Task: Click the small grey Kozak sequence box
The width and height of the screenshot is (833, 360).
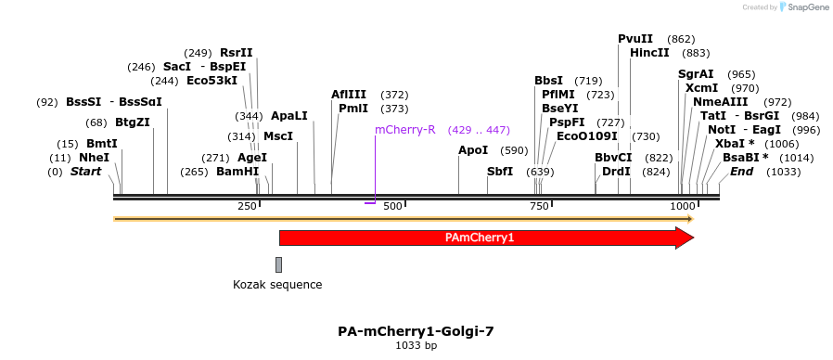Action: (278, 265)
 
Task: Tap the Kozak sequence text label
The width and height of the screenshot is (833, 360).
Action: (277, 285)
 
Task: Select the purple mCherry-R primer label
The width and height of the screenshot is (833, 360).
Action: (405, 130)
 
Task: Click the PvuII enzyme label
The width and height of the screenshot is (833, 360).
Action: (635, 39)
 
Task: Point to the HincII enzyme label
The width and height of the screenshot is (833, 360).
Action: (649, 53)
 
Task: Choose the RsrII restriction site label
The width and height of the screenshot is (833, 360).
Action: (237, 53)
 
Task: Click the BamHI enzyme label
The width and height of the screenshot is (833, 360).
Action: (237, 172)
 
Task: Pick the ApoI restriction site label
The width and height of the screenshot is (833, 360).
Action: (473, 150)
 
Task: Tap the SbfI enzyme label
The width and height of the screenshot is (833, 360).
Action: (500, 172)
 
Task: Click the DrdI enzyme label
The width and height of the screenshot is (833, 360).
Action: (617, 172)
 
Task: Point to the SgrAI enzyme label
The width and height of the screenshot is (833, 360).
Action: (696, 74)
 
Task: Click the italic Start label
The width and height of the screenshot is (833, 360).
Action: (85, 172)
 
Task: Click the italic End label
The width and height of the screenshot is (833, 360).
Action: (741, 172)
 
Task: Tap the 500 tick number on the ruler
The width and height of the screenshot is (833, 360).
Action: (392, 205)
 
